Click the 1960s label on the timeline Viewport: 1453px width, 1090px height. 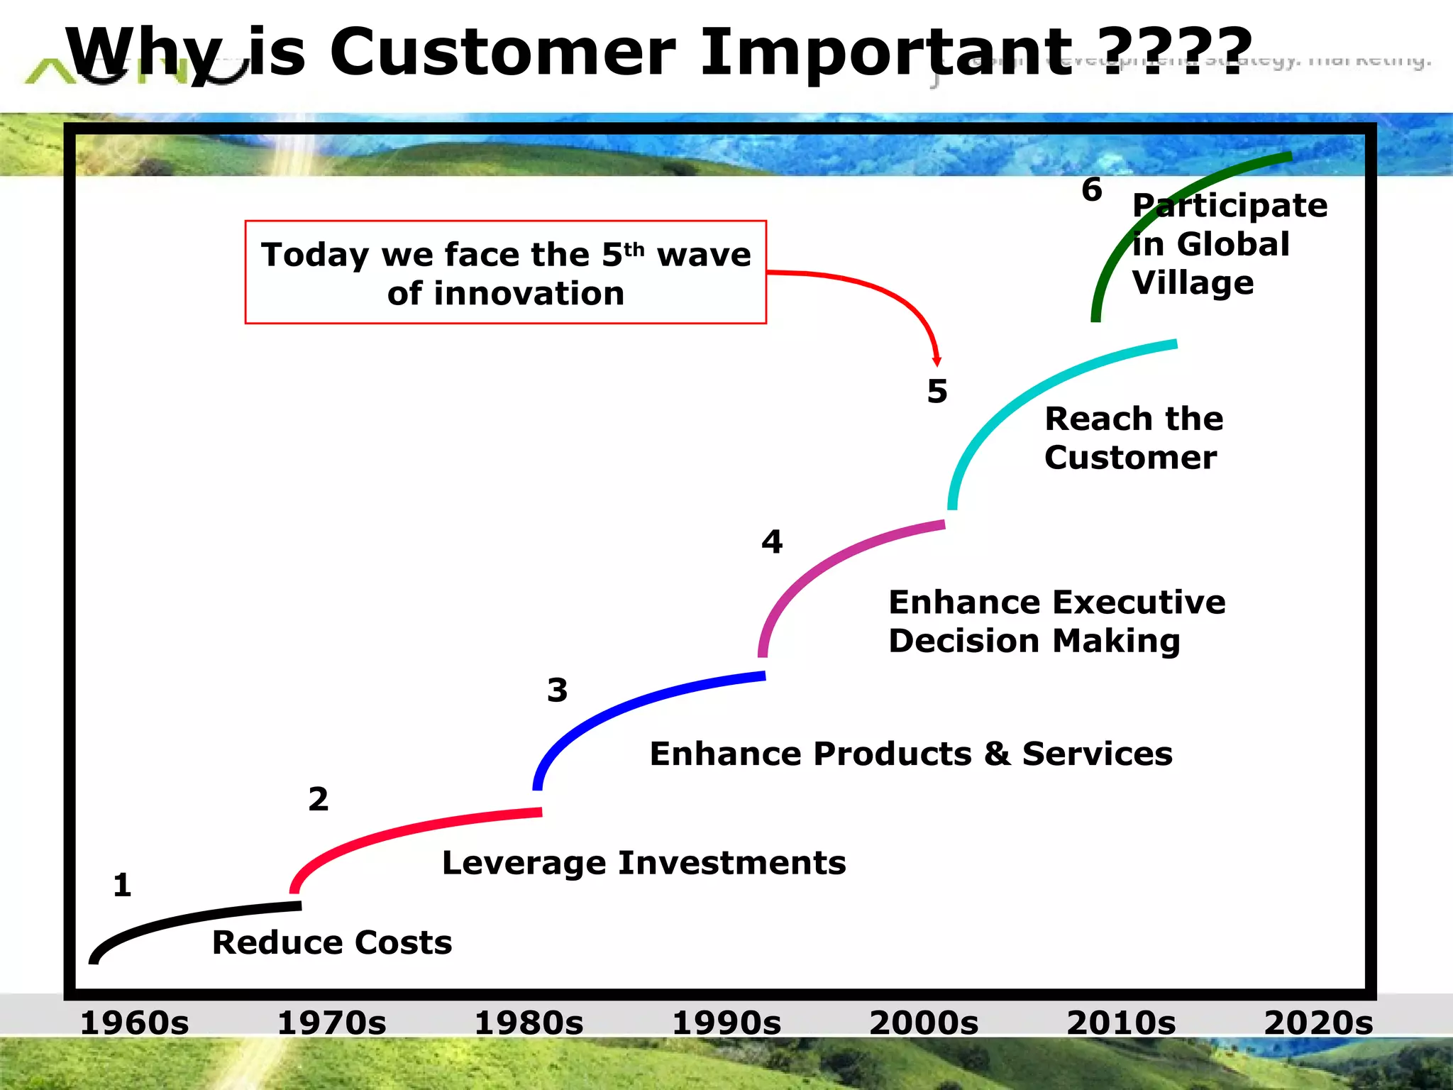[x=134, y=1023]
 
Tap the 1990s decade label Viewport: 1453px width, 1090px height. [x=726, y=1023]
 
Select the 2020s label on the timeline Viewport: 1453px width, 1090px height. [x=1318, y=1023]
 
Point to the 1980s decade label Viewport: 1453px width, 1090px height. [x=529, y=1023]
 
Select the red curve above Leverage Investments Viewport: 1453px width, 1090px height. [x=397, y=830]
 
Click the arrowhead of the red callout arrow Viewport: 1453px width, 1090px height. [x=937, y=361]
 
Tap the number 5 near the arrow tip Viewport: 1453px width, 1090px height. [x=937, y=392]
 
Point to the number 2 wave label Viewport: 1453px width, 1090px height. [x=319, y=800]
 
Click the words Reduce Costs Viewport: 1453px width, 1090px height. [x=332, y=943]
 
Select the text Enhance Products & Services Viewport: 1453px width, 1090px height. [x=910, y=754]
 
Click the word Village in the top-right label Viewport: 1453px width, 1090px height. [x=1193, y=283]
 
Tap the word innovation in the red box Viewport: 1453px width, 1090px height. [x=529, y=294]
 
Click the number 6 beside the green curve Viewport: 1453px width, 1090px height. [x=1092, y=190]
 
